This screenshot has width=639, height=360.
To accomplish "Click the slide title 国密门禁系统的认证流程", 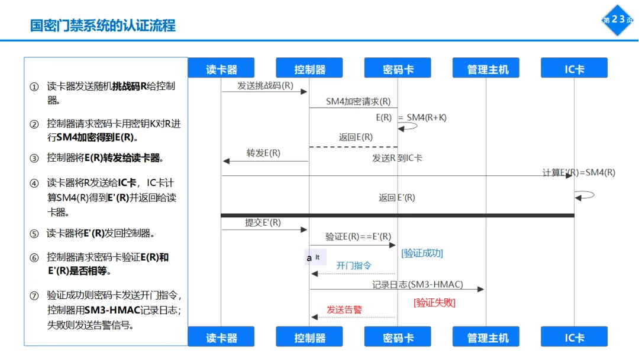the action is [x=103, y=25].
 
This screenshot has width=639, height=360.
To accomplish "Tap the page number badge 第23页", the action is [x=618, y=20].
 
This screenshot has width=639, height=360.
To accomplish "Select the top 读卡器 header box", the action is [x=221, y=69].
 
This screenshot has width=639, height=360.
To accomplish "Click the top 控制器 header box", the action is [x=309, y=69].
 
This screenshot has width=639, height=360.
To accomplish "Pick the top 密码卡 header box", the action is [x=398, y=69].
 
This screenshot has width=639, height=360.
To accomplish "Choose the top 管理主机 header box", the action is [x=486, y=69].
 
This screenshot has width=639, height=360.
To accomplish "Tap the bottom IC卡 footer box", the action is [x=574, y=337].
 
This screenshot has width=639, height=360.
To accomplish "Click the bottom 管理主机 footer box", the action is [x=486, y=337].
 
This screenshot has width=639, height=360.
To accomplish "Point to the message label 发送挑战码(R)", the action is [x=265, y=85].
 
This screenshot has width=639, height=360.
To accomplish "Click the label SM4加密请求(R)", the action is [x=358, y=101].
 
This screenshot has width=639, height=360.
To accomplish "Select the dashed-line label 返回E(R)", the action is [x=356, y=137].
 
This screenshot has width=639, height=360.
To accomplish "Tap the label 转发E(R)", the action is [x=263, y=153].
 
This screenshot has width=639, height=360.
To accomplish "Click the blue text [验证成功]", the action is [x=422, y=253].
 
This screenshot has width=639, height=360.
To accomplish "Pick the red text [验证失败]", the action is [x=434, y=302].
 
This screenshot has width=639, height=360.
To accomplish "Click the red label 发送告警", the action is [x=344, y=309].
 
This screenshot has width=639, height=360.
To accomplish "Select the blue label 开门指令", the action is [x=354, y=266].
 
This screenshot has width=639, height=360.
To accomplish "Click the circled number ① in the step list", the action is [x=34, y=86].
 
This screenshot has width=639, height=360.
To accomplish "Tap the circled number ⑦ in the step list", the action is [x=34, y=295].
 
